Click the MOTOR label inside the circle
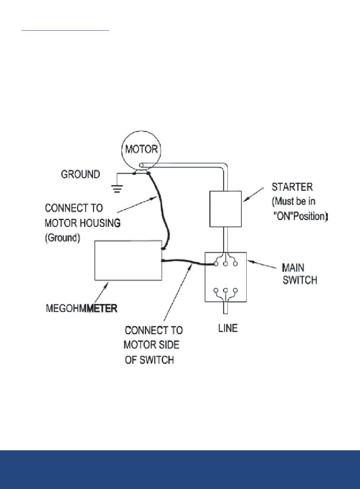tap(141, 149)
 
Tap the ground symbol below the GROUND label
tap(117, 189)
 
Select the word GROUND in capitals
tap(80, 174)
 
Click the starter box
tap(225, 209)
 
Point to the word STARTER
tap(292, 187)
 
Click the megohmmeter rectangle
tap(128, 260)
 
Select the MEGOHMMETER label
tap(81, 308)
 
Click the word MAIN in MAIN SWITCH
tap(293, 268)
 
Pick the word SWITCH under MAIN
tap(300, 280)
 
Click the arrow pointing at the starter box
tap(253, 194)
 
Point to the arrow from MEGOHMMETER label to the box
tap(102, 292)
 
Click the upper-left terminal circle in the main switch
tap(216, 264)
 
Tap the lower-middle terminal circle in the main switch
tap(226, 290)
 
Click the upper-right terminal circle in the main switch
tap(235, 264)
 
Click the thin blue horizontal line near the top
tap(65, 31)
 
